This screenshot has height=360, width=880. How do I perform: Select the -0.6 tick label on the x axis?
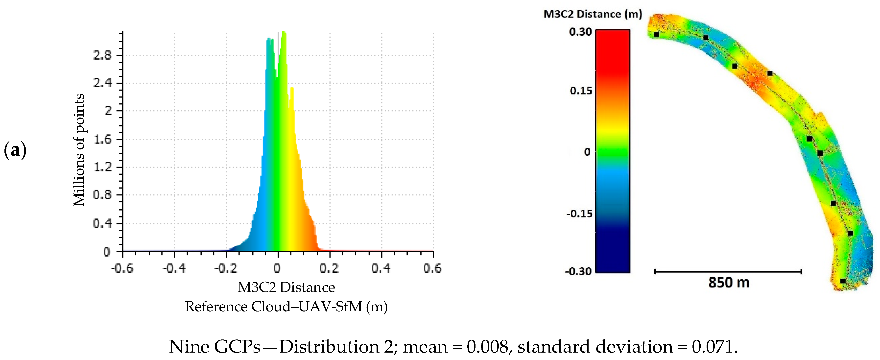(122, 268)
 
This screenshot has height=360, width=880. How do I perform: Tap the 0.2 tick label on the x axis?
(329, 268)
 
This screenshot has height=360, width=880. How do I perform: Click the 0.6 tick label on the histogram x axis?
(432, 268)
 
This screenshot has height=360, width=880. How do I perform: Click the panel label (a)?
(15, 150)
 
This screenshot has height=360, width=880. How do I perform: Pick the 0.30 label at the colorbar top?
(580, 32)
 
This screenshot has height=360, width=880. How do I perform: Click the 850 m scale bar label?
(728, 283)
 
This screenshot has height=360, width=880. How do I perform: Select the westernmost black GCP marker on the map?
(656, 34)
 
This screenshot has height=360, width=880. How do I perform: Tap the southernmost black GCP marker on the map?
(843, 281)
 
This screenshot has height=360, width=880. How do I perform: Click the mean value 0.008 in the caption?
(487, 347)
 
